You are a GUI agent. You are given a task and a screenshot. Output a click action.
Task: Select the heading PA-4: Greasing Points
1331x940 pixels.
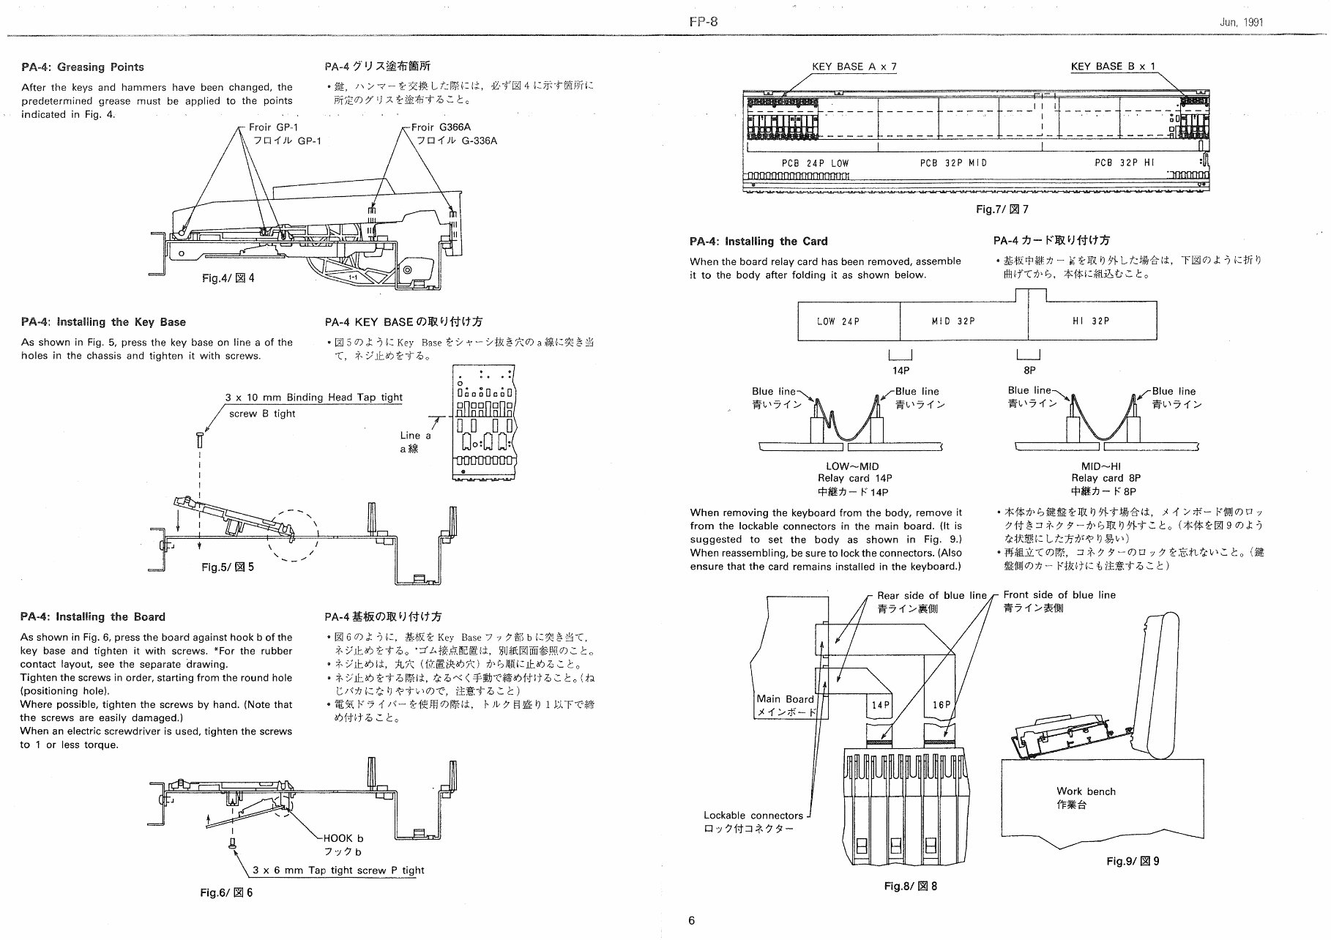(82, 67)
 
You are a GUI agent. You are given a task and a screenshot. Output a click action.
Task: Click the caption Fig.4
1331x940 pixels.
(228, 278)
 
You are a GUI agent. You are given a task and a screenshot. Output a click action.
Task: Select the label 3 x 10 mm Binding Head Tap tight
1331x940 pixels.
(313, 398)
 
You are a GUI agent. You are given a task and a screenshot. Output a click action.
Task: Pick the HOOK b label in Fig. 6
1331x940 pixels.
(343, 838)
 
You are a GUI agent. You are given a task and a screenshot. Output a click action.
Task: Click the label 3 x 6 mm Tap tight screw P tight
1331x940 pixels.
(338, 870)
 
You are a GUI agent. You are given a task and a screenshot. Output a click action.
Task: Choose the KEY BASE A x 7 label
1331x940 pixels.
(854, 67)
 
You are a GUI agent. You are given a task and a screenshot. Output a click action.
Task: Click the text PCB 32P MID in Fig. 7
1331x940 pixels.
(953, 163)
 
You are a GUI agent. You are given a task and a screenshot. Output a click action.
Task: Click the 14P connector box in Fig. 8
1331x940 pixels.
(880, 705)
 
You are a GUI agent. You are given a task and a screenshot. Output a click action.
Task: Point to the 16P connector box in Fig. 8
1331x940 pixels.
(941, 705)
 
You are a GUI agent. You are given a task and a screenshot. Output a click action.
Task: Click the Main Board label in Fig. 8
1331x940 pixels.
(785, 699)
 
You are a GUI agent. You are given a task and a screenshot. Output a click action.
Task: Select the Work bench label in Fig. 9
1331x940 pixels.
(1086, 791)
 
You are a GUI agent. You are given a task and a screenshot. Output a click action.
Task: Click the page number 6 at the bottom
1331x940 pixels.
(692, 921)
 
